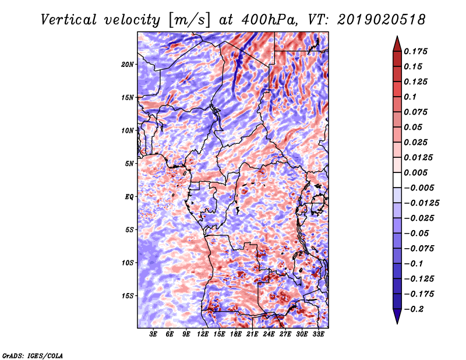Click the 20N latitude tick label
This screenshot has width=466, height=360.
click(x=128, y=65)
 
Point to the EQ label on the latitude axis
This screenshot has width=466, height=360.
click(x=129, y=197)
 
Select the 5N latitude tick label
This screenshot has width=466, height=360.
click(x=129, y=164)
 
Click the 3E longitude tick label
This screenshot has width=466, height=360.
click(x=153, y=334)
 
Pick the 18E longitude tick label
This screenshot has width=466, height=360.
click(x=236, y=334)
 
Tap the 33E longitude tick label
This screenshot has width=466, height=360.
click(x=318, y=334)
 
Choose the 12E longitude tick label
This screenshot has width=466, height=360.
click(x=203, y=334)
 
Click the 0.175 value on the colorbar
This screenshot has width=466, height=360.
click(x=415, y=51)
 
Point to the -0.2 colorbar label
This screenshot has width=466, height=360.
click(x=414, y=309)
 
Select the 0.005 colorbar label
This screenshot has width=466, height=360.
click(x=415, y=172)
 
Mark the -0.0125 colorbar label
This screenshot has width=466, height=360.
click(x=421, y=203)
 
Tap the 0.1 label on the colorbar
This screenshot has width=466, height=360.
click(x=410, y=97)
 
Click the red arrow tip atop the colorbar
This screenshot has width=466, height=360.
click(x=397, y=36)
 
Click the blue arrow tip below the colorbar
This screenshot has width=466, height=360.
click(x=397, y=323)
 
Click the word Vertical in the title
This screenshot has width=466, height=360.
click(x=69, y=20)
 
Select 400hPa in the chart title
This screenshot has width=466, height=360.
click(x=269, y=20)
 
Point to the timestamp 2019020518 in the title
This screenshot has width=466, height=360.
click(x=382, y=20)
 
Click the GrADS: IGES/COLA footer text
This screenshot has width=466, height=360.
click(x=33, y=355)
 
